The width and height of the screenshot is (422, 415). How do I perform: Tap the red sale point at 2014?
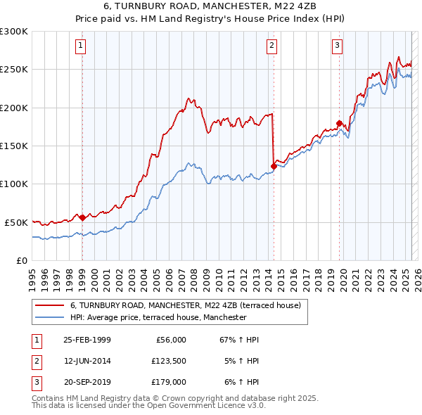(x=273, y=166)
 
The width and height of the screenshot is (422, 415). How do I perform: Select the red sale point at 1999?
(x=82, y=217)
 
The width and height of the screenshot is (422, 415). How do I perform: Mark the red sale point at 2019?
(x=339, y=124)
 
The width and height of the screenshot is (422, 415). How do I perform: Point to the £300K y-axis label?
(x=13, y=32)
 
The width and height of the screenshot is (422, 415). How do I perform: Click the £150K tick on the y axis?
(x=13, y=146)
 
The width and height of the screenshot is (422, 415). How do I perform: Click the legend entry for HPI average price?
(x=158, y=317)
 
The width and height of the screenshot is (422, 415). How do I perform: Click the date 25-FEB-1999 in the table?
(x=87, y=340)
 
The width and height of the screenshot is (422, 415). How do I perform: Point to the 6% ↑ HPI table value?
(x=240, y=382)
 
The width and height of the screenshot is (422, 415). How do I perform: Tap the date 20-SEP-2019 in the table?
(x=87, y=382)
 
